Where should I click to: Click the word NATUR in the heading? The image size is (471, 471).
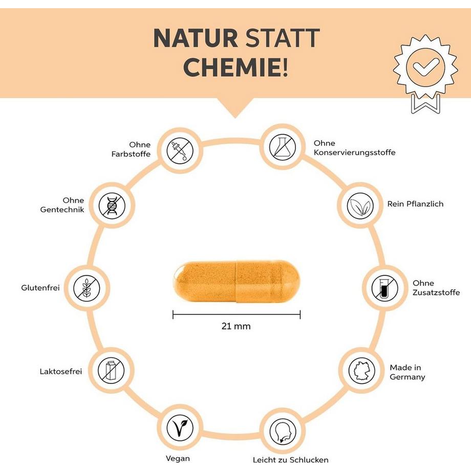coord(195,38)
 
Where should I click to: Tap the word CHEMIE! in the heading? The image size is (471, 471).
coord(235,68)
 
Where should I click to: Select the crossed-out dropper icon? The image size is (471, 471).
coord(181,149)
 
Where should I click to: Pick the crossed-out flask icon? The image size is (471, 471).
coord(283,146)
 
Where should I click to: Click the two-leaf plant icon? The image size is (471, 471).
coord(360,206)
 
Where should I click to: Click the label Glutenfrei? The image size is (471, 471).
coord(40,288)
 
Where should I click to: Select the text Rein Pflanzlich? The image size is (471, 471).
coord(415,204)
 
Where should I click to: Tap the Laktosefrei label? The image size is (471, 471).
coord(60,371)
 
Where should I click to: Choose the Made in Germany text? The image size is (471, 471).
coord(407,372)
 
